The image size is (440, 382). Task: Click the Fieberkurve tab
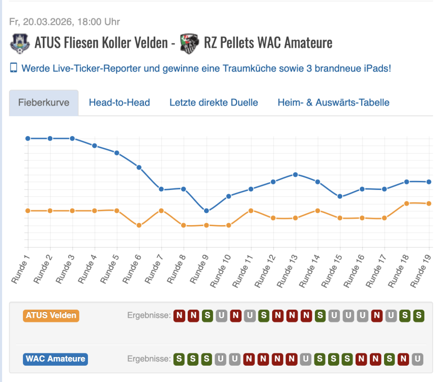click(x=43, y=102)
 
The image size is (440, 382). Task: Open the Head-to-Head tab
click(x=119, y=102)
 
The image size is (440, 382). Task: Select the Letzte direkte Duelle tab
click(x=214, y=102)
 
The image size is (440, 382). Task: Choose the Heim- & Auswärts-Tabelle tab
click(x=333, y=102)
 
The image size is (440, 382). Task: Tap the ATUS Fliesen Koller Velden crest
click(x=20, y=43)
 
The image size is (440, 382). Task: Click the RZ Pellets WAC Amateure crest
click(x=189, y=43)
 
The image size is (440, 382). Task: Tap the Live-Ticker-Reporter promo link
click(x=206, y=68)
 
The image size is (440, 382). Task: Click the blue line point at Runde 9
click(x=206, y=211)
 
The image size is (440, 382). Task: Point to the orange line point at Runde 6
click(x=139, y=225)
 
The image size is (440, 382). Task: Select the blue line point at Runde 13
click(x=295, y=174)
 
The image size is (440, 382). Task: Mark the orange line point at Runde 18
click(x=406, y=203)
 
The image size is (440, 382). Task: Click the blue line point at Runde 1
click(x=27, y=138)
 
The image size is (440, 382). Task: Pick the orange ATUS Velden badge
click(x=51, y=315)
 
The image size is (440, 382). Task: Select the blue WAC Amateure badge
click(x=55, y=359)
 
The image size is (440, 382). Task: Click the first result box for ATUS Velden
click(x=179, y=315)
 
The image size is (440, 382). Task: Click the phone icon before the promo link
click(x=14, y=68)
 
